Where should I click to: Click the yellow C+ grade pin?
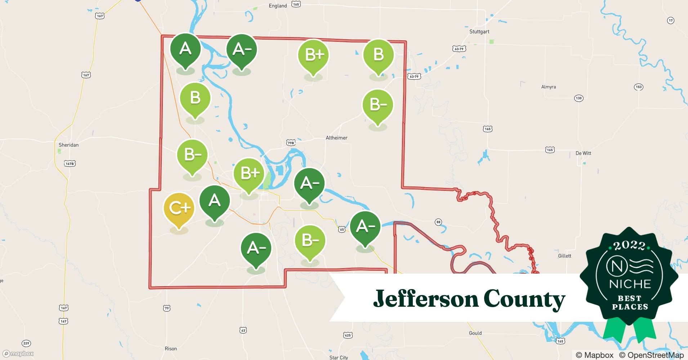coord(179,208)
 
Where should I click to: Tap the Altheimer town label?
coord(336,138)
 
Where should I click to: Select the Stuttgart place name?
coord(479,32)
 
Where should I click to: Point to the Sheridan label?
coord(68,145)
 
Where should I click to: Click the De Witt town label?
coord(583,153)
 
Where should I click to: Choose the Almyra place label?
coord(548,87)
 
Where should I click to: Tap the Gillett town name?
coord(564,256)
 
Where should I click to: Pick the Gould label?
coord(475,333)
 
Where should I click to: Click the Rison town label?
coord(171,349)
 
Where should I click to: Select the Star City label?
coord(339,357)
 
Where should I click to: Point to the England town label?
coord(278,6)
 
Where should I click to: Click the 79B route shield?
coord(291,143)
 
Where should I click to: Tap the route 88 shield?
coord(438,222)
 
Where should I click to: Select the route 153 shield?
coord(639,87)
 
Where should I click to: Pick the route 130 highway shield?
coord(578,98)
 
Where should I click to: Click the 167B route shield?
coord(70,164)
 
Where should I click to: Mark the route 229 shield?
coord(26,343)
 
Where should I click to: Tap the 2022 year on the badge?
coord(629,246)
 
